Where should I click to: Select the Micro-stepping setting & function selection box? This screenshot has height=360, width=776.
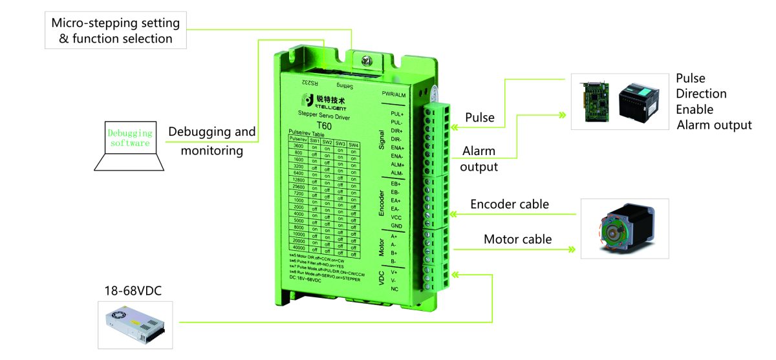tap(116, 30)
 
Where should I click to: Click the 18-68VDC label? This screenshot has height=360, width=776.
tap(133, 291)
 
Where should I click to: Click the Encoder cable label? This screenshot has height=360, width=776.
tap(510, 204)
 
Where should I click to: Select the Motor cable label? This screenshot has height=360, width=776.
tap(518, 239)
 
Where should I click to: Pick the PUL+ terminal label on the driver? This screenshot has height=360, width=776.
tap(397, 114)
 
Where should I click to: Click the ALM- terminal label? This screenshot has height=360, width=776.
tap(397, 173)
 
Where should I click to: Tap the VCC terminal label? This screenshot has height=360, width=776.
tap(396, 217)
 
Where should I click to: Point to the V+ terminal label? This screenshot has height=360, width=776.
tap(394, 272)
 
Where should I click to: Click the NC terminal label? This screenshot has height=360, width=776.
tap(394, 289)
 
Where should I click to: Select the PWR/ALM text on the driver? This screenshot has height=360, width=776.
tap(393, 95)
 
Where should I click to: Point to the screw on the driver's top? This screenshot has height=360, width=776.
tap(368, 61)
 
